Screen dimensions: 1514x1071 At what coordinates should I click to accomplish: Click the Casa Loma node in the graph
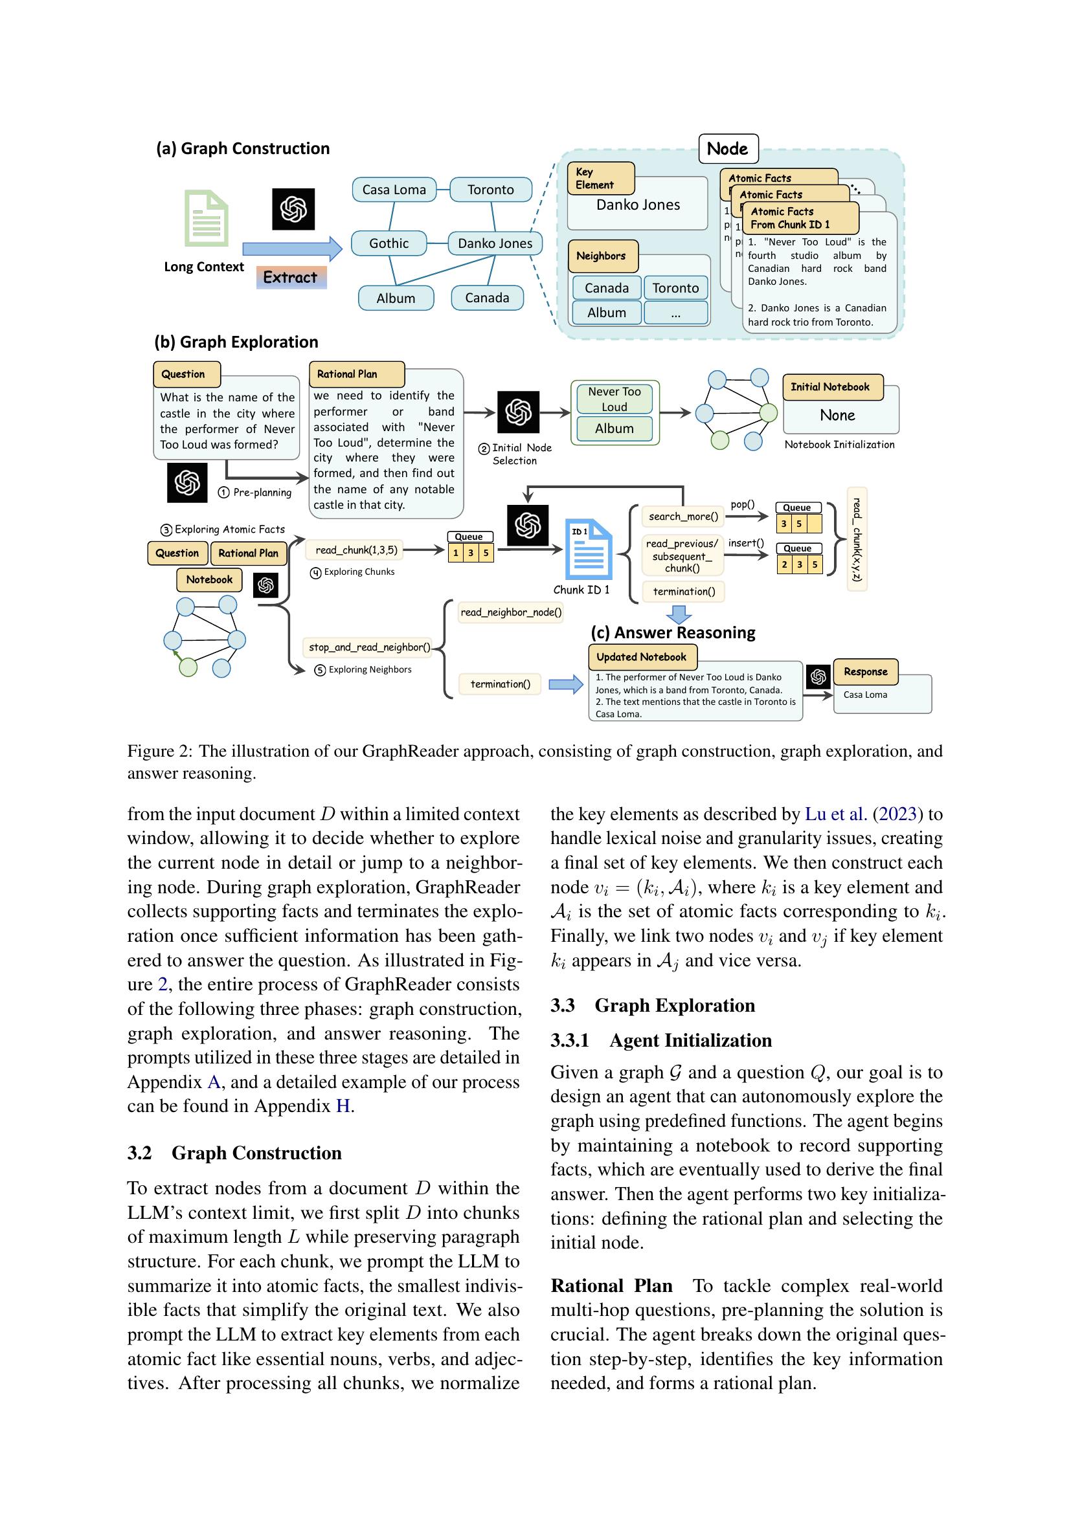click(x=394, y=190)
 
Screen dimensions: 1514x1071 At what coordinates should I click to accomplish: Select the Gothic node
click(x=389, y=243)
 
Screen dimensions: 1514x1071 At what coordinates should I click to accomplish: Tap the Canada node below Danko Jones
click(x=487, y=298)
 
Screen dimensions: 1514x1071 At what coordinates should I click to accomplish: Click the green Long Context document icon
click(x=207, y=218)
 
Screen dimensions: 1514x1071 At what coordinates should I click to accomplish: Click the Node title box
click(x=727, y=149)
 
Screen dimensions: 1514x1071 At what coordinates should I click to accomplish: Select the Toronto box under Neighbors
click(x=675, y=288)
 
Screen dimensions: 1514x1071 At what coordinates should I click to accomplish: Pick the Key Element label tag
click(x=600, y=179)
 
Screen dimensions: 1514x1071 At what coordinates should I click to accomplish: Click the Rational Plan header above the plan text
click(x=356, y=374)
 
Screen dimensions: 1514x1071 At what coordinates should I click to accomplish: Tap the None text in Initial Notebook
click(x=837, y=416)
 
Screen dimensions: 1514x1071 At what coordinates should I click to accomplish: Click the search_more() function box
click(x=683, y=517)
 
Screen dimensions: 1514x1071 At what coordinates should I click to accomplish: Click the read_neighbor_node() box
click(x=510, y=612)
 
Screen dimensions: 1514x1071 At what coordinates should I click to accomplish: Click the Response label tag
click(x=865, y=672)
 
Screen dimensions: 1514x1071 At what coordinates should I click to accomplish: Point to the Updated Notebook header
click(x=642, y=657)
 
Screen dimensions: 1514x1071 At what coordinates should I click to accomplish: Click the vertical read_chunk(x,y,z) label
click(x=857, y=539)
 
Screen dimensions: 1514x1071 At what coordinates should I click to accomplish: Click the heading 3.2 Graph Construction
click(x=235, y=1153)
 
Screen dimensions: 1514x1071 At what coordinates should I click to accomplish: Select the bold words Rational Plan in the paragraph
click(x=611, y=1286)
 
